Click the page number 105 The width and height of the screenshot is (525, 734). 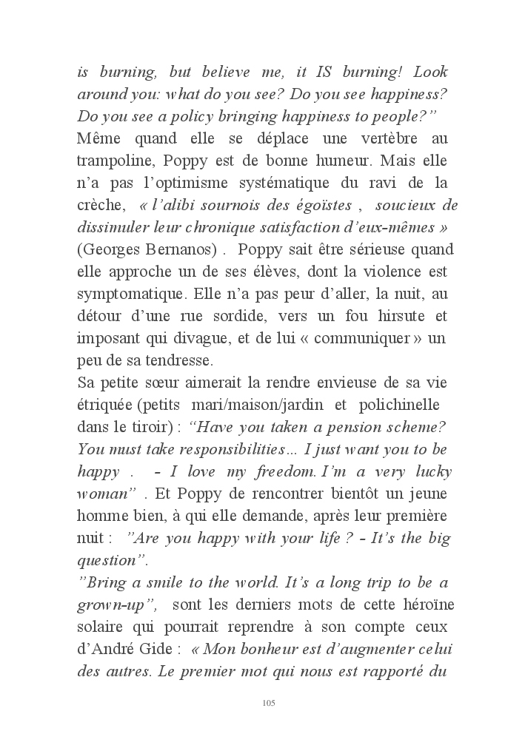[x=269, y=702]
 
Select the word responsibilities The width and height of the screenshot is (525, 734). [x=207, y=450]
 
